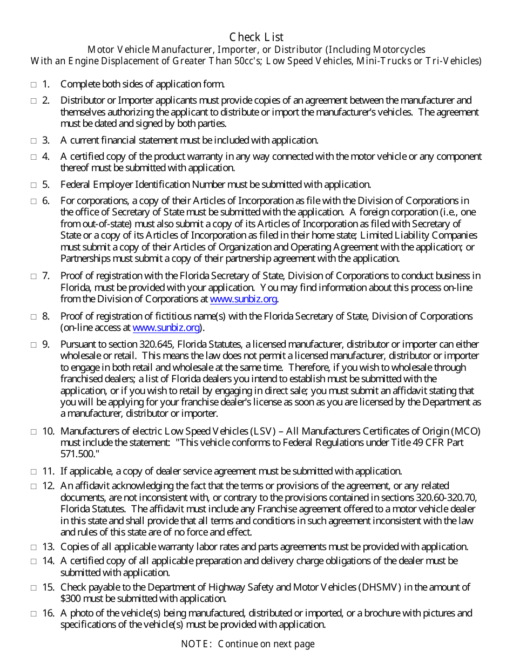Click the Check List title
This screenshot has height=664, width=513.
pos(256,37)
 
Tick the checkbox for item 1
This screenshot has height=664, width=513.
pos(33,84)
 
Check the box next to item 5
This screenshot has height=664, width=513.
pos(33,185)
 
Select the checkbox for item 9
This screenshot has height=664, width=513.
pos(33,344)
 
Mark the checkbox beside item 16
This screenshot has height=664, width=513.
pos(33,613)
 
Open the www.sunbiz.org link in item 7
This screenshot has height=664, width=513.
pos(243,299)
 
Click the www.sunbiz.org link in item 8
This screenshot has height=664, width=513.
pos(166,328)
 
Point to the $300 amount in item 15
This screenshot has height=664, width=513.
pos(69,599)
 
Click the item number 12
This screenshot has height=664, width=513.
pos(48,486)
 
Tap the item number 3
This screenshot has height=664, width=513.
pos(46,140)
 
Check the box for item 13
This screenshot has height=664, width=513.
pos(33,547)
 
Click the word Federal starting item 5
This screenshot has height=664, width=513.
pos(76,185)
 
